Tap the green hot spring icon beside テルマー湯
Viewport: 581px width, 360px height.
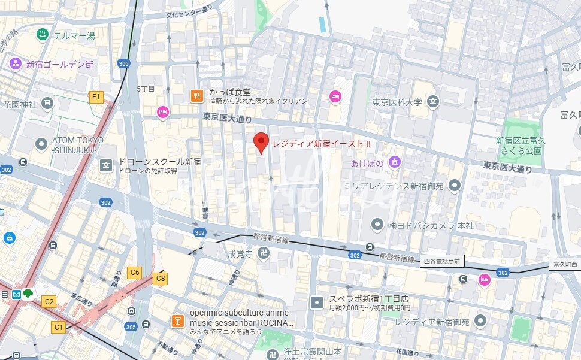pyautogui.click(x=43, y=35)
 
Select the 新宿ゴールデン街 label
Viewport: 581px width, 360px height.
pyautogui.click(x=59, y=64)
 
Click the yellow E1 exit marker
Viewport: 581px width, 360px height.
pyautogui.click(x=96, y=96)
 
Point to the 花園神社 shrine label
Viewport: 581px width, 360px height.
pyautogui.click(x=20, y=104)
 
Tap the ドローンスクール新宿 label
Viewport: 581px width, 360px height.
pyautogui.click(x=159, y=162)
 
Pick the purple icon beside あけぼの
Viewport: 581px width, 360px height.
pyautogui.click(x=394, y=161)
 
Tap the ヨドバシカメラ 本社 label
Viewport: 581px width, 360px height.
pyautogui.click(x=430, y=225)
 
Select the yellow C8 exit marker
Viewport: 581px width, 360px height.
pyautogui.click(x=160, y=278)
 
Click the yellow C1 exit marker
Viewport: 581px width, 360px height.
pyautogui.click(x=58, y=327)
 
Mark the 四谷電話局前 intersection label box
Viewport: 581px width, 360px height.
pyautogui.click(x=442, y=261)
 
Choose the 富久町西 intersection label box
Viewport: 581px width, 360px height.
pyautogui.click(x=564, y=264)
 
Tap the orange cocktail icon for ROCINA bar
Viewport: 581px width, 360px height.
pyautogui.click(x=178, y=321)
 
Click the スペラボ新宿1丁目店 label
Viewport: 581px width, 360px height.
pyautogui.click(x=368, y=299)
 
